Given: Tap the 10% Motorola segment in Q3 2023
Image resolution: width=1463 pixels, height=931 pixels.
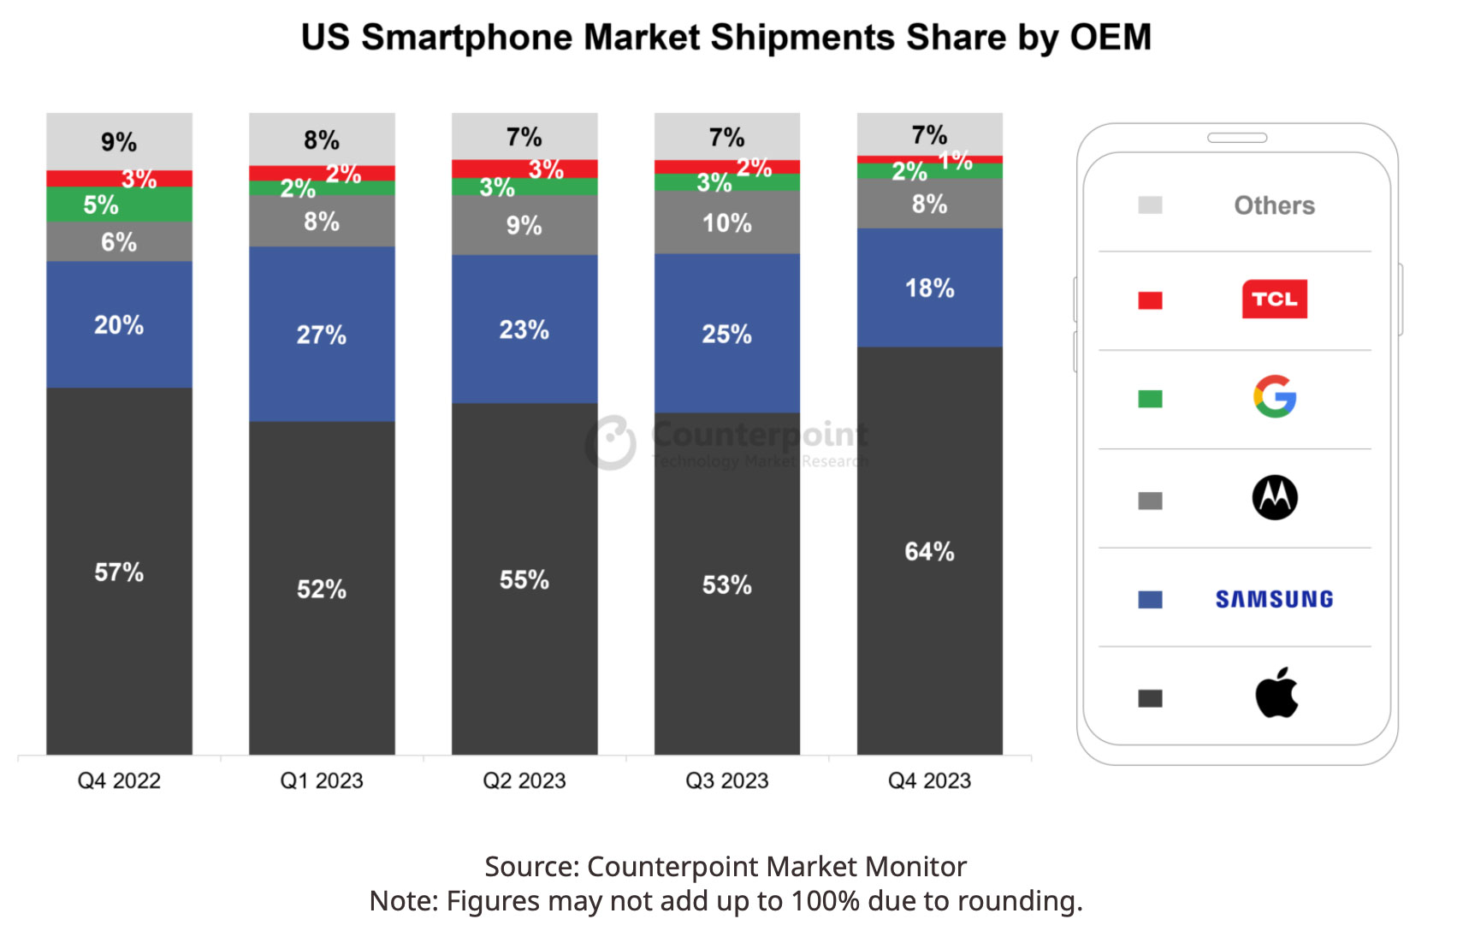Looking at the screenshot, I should click(726, 222).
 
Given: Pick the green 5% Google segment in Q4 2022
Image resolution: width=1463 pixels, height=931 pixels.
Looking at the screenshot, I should click(119, 205).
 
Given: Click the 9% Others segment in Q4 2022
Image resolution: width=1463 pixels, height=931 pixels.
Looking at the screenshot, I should click(119, 141).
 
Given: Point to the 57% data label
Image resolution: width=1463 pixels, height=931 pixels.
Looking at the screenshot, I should click(119, 572).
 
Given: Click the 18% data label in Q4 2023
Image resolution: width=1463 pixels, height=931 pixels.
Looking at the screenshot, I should click(929, 288).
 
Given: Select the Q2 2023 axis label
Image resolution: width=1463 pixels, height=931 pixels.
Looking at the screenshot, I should click(524, 780).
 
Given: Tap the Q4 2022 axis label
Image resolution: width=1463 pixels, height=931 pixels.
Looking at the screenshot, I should click(119, 780).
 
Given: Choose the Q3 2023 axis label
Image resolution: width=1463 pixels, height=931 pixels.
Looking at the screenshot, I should click(726, 780).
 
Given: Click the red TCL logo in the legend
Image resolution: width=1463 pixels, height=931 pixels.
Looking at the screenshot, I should click(1274, 299).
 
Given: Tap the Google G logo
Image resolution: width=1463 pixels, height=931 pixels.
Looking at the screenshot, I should click(1274, 397).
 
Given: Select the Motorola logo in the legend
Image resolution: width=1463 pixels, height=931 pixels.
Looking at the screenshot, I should click(1274, 497).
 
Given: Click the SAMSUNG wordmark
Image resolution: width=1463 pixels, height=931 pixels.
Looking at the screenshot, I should click(1274, 599).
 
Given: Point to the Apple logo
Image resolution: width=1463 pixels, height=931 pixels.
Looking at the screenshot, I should click(1276, 693).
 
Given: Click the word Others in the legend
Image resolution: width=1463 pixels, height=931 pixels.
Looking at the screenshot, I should click(1274, 205).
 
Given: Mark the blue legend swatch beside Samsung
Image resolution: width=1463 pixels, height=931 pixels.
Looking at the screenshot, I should click(1150, 599).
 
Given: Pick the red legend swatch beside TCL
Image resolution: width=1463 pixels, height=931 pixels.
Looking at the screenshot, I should click(1150, 300).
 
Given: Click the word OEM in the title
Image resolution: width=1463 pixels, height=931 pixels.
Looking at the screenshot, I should click(1110, 38).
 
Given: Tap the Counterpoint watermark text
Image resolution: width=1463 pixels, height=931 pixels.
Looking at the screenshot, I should click(759, 435).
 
